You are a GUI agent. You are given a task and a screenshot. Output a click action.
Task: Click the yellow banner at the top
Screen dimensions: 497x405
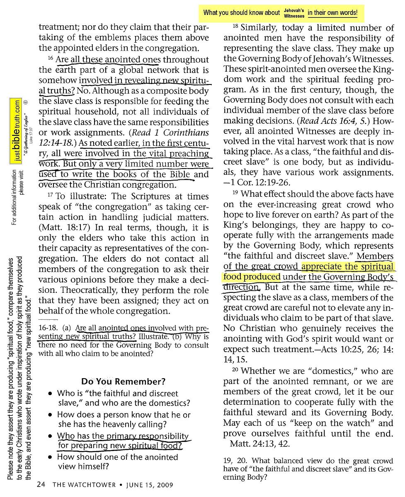point(281,13)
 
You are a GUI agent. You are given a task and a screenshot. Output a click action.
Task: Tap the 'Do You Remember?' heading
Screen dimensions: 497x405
point(124,381)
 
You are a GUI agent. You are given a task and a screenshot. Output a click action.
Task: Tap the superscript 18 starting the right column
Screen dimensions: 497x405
point(236,26)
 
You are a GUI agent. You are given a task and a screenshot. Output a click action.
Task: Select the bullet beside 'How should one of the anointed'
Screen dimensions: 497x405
point(50,458)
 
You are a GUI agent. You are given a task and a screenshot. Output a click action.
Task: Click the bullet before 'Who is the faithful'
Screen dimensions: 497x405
point(50,394)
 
